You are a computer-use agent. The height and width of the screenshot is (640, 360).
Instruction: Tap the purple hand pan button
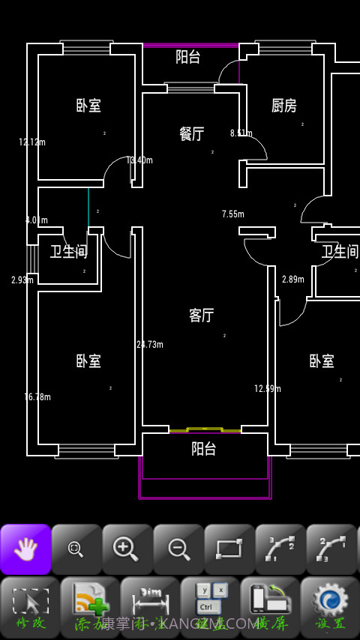(25, 549)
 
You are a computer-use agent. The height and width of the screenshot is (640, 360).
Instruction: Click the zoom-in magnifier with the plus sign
(127, 549)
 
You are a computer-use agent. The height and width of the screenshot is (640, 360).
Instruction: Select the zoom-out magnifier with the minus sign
(178, 549)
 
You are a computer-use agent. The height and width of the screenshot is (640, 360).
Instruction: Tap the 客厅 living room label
(201, 316)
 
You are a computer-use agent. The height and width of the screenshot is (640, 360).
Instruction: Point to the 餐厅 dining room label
(192, 134)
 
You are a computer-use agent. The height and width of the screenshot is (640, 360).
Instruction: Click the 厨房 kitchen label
(283, 106)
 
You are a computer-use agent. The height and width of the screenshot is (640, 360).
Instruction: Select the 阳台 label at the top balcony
(188, 57)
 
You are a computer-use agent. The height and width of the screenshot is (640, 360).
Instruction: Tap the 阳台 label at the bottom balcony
(203, 449)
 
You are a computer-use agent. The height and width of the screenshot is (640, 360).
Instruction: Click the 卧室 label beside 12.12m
(88, 106)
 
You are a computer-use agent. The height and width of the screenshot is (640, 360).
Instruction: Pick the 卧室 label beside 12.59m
(322, 361)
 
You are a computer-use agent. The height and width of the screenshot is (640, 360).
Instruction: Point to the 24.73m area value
(150, 345)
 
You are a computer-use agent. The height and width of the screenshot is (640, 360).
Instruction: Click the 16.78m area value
(37, 397)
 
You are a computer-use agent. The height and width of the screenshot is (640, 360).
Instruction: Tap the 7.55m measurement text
(233, 214)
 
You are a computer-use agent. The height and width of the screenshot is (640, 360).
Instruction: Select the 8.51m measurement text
(241, 133)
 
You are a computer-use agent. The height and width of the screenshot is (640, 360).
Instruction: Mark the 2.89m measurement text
(293, 280)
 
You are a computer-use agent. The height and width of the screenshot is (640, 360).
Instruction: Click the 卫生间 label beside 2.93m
(68, 252)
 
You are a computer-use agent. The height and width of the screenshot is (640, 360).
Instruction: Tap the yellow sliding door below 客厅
(205, 430)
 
